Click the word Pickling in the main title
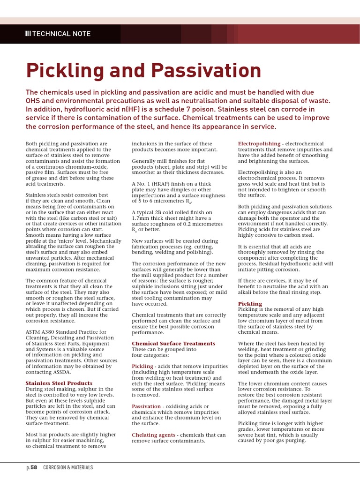click(x=65, y=71)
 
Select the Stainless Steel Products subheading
click(x=59, y=383)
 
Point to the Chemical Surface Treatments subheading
click(x=173, y=344)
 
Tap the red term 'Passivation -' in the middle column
click(x=148, y=406)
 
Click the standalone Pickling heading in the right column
click(x=250, y=304)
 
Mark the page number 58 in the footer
click(x=34, y=467)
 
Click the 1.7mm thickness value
click(x=141, y=218)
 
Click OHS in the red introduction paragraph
click(x=33, y=101)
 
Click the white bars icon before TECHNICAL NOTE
click(x=28, y=34)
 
